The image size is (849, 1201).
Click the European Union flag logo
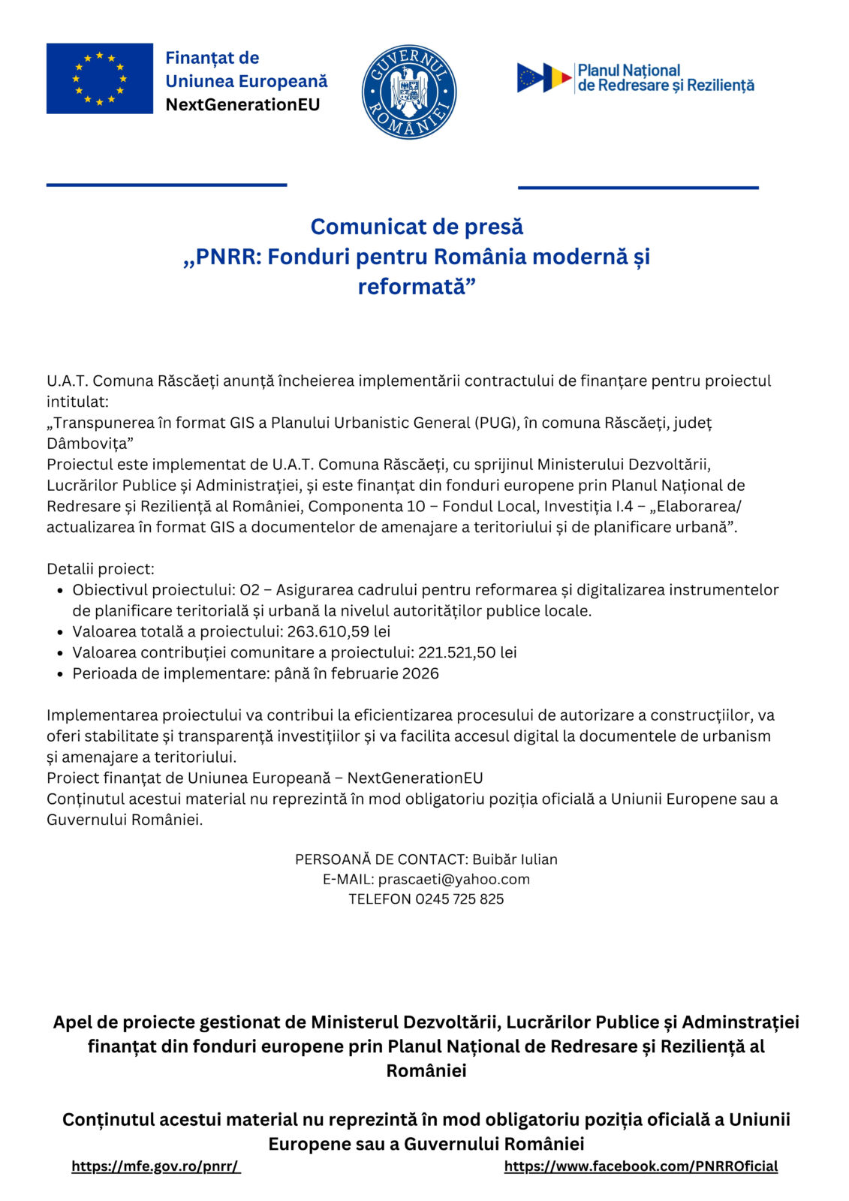(99, 79)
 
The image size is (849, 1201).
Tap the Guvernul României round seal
(409, 92)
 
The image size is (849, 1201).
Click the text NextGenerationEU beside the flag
(242, 104)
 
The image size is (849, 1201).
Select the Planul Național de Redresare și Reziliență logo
(635, 78)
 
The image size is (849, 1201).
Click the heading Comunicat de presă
(417, 227)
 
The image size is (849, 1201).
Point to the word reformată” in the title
(417, 287)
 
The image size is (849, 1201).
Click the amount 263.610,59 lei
(339, 631)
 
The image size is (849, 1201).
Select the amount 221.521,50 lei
(467, 652)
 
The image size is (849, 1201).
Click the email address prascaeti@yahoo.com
(453, 879)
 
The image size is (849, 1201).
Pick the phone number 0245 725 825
(459, 898)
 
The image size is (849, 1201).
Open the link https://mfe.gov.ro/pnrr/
(155, 1166)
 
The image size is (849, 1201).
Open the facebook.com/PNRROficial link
(640, 1166)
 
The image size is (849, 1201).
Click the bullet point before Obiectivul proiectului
(60, 591)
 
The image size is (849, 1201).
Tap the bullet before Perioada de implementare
(60, 674)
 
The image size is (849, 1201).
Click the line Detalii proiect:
(101, 568)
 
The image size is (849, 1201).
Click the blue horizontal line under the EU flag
(167, 185)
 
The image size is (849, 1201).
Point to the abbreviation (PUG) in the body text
(495, 423)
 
